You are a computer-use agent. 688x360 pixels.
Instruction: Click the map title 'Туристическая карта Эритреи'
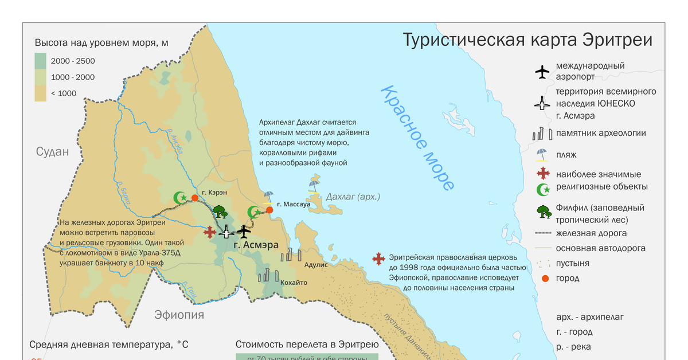(x=527, y=41)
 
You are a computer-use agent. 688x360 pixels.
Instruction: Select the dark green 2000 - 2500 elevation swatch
(x=40, y=61)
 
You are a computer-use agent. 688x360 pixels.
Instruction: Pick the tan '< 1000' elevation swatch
(x=40, y=93)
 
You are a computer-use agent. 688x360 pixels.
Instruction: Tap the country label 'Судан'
(x=52, y=152)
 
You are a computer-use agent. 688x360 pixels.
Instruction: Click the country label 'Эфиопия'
(x=179, y=315)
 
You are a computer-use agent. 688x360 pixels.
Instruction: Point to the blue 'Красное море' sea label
(x=418, y=138)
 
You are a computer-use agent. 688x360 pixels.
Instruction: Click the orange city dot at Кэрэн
(x=195, y=198)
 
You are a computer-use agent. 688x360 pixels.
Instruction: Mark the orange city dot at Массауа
(x=269, y=210)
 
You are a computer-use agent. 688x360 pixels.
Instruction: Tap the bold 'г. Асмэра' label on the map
(x=256, y=245)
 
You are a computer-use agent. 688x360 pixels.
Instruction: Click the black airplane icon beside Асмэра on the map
(x=245, y=232)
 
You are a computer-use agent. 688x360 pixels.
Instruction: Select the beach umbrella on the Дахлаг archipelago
(x=314, y=182)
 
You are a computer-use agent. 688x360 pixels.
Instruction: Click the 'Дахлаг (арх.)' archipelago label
(x=353, y=197)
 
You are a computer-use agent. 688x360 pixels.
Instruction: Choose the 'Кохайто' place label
(x=294, y=283)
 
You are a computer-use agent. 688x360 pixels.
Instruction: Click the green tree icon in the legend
(x=543, y=212)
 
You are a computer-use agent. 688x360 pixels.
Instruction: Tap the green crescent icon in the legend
(x=542, y=189)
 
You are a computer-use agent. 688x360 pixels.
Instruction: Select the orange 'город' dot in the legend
(x=545, y=278)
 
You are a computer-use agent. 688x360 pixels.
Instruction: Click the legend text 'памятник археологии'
(x=600, y=133)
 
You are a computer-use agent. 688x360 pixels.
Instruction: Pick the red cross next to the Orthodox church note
(x=378, y=259)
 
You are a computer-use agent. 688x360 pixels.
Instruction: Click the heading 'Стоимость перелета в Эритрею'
(x=307, y=345)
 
